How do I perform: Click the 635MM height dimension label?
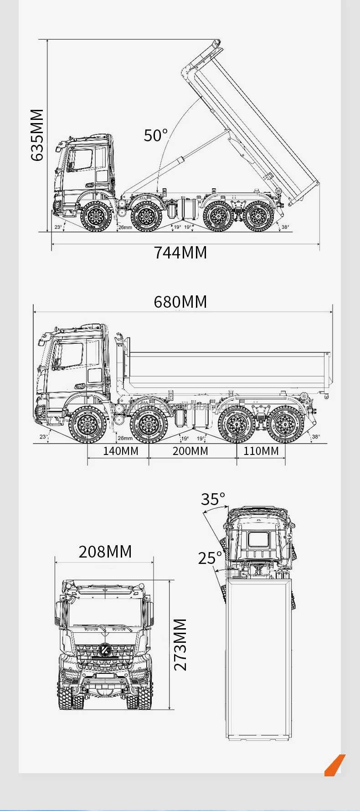pyautogui.click(x=37, y=135)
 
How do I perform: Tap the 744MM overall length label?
pyautogui.click(x=180, y=252)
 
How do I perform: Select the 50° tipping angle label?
pyautogui.click(x=156, y=135)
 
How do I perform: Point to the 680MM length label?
pyautogui.click(x=180, y=302)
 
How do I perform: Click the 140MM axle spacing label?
pyautogui.click(x=120, y=451)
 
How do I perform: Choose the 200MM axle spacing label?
pyautogui.click(x=190, y=451)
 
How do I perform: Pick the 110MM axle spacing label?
pyautogui.click(x=261, y=451)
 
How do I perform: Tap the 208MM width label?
pyautogui.click(x=105, y=552)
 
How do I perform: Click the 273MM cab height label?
pyautogui.click(x=180, y=644)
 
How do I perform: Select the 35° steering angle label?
pyautogui.click(x=213, y=499)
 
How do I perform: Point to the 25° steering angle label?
pyautogui.click(x=210, y=558)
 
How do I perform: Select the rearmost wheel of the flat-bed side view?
pyautogui.click(x=285, y=424)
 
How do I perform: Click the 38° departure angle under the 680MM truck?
pyautogui.click(x=316, y=437)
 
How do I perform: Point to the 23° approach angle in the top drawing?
pyautogui.click(x=58, y=227)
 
